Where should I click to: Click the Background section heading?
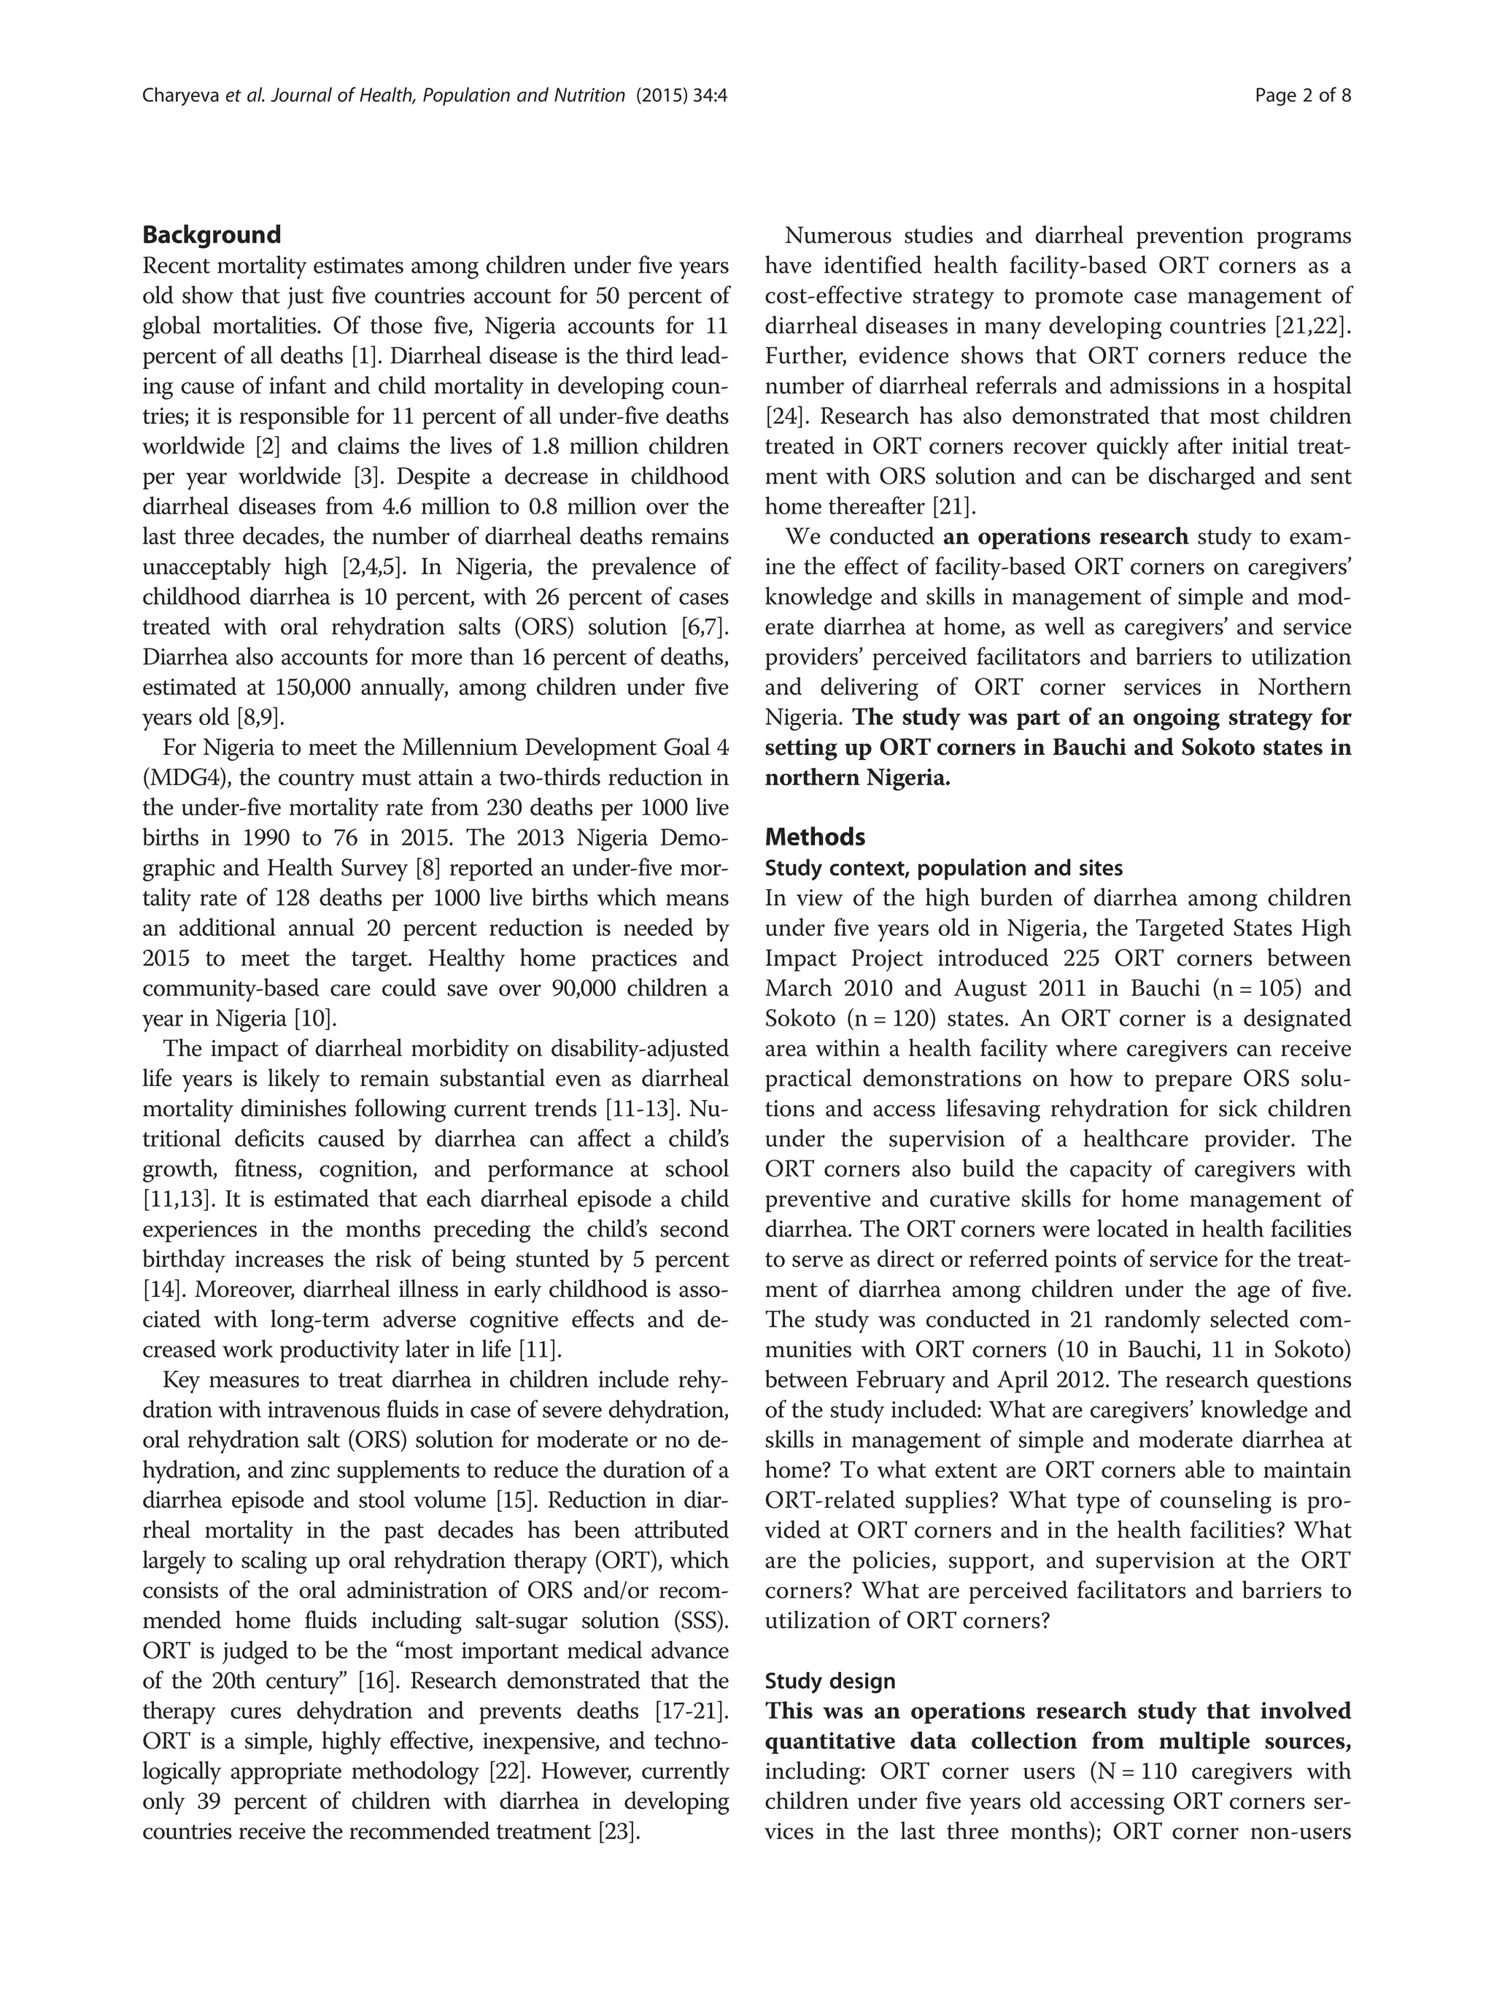[x=212, y=235]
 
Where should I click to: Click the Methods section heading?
[x=814, y=837]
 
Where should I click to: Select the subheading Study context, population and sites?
[x=943, y=868]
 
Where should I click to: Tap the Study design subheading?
[x=829, y=1681]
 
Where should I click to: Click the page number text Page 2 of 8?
[x=1302, y=96]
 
